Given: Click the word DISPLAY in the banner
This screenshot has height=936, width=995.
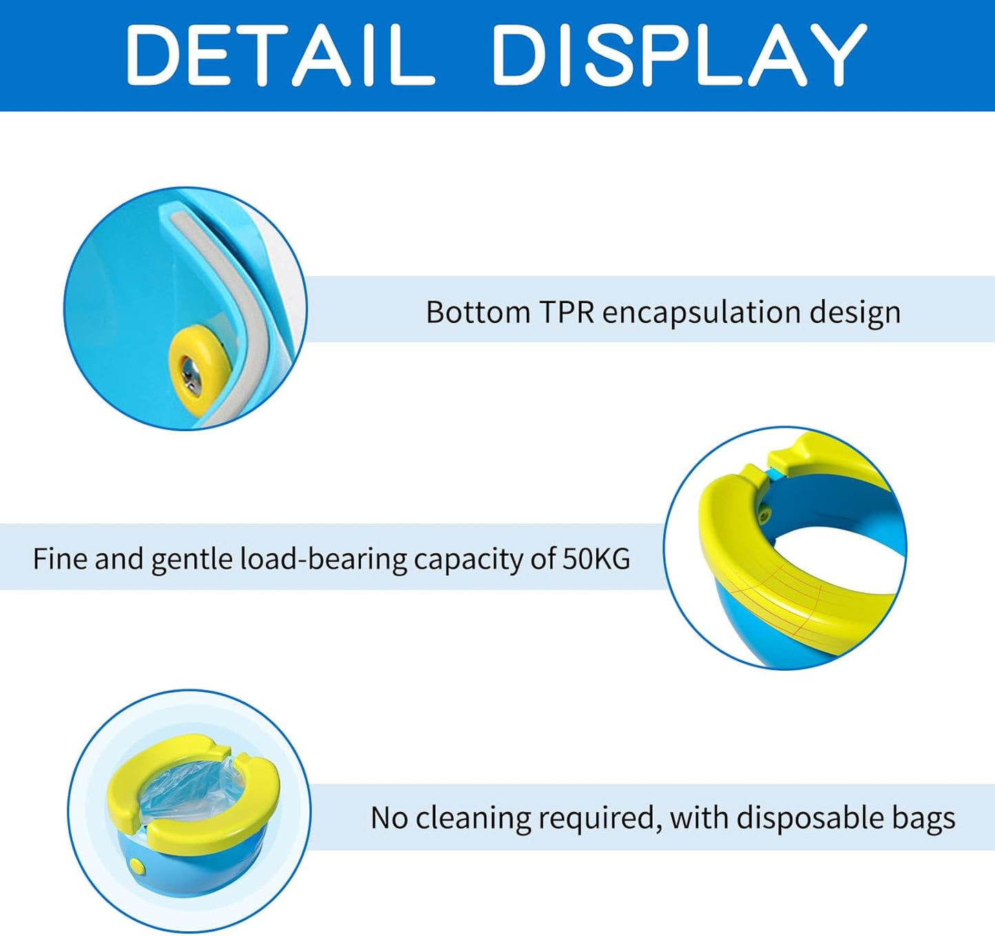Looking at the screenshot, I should [x=679, y=54].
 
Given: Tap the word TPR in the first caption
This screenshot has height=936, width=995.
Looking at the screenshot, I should [x=566, y=312].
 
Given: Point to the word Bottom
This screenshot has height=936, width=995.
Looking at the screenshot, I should [x=478, y=312].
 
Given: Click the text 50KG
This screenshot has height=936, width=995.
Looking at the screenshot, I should [x=596, y=558].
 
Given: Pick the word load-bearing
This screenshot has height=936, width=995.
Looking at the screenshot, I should [x=324, y=559].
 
